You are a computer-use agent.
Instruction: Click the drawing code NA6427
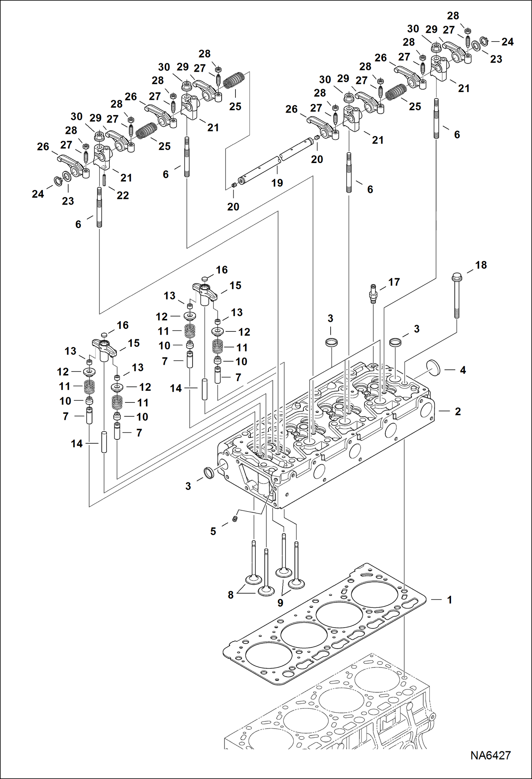point(490,755)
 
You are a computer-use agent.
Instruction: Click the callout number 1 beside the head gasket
point(449,600)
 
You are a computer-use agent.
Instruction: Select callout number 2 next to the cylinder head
point(458,411)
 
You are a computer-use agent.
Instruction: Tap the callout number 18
point(481,265)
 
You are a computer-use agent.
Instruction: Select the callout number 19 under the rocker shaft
point(277,183)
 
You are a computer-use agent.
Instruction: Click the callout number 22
point(123,195)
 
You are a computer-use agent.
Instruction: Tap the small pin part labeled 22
point(105,180)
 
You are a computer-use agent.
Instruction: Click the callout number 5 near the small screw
point(213,531)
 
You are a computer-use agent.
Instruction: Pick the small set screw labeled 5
point(234,520)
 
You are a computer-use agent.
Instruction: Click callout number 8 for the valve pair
point(230,595)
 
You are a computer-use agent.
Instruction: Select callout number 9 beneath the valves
point(280,603)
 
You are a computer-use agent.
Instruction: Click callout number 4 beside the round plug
point(463,370)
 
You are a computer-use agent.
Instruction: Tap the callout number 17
point(394,282)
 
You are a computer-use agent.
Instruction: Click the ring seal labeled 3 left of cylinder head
point(209,473)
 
